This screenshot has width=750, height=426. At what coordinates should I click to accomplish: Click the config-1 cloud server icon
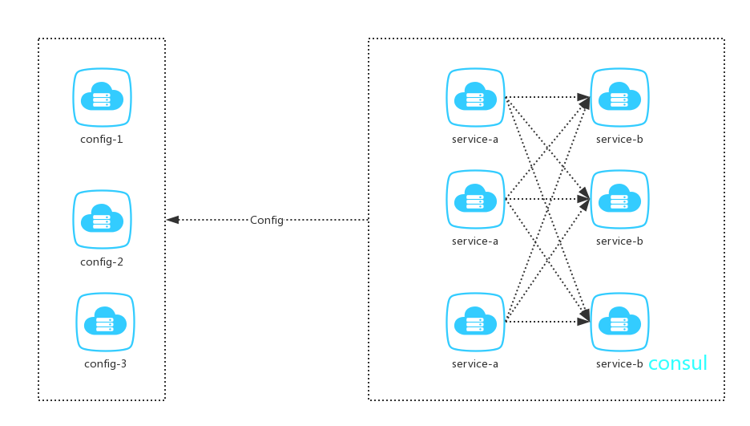click(102, 98)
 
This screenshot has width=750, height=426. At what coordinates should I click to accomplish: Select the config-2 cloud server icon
click(102, 219)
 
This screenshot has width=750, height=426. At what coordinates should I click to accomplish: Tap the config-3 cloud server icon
click(105, 322)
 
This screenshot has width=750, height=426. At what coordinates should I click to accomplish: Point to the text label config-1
click(102, 139)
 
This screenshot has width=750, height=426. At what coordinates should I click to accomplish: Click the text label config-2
click(102, 262)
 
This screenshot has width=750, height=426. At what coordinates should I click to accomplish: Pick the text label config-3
click(105, 363)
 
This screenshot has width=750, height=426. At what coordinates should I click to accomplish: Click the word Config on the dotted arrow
click(267, 220)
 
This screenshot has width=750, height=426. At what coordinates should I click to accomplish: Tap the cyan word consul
click(678, 363)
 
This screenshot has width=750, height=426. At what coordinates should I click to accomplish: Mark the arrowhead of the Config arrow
click(172, 220)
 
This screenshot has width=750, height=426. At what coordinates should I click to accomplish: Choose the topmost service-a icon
click(475, 98)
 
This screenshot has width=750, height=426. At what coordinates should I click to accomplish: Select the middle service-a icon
click(475, 199)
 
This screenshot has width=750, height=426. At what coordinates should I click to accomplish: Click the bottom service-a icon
click(475, 322)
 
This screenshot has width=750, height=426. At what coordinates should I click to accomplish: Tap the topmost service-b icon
click(619, 98)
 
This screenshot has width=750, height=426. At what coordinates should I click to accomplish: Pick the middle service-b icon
click(619, 199)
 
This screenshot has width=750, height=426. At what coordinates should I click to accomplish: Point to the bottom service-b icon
click(619, 322)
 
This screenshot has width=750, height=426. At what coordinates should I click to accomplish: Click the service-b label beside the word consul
click(619, 363)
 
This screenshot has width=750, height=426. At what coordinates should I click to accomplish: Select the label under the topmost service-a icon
click(475, 139)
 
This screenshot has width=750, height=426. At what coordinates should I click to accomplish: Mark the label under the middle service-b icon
click(619, 241)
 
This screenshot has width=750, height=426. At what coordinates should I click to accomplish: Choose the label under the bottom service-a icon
click(475, 363)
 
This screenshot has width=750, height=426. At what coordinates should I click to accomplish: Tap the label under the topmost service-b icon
click(619, 139)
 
